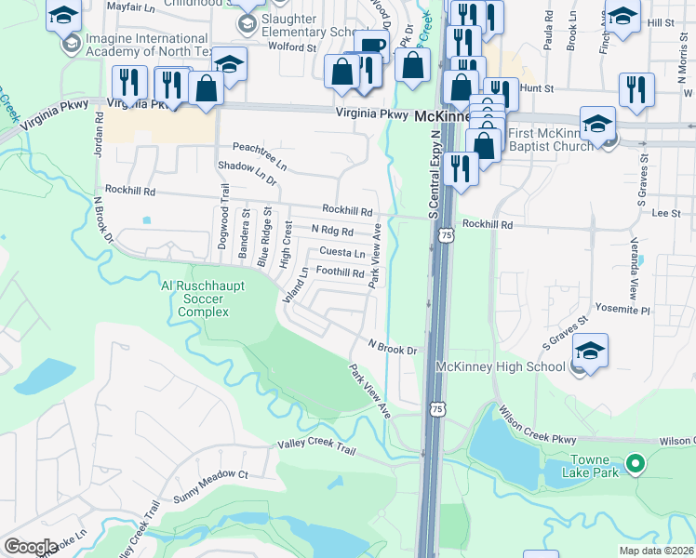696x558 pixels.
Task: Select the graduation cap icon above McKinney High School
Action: [x=590, y=351]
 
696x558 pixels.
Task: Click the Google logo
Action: [x=31, y=547]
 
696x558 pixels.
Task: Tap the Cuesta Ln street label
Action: [x=341, y=253]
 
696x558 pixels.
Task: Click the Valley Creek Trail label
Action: [x=316, y=448]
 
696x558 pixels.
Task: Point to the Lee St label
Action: [x=666, y=213]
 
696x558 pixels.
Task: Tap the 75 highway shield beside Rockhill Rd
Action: [x=448, y=237]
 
